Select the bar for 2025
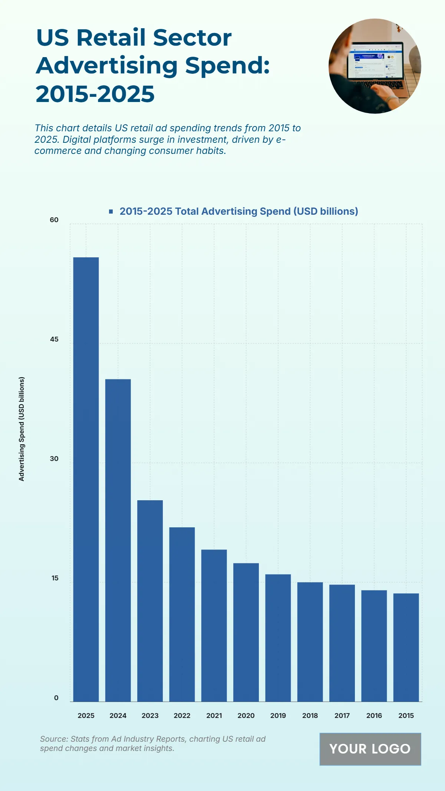tap(86, 479)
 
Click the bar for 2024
tap(118, 540)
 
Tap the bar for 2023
tap(150, 601)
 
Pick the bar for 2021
tap(214, 625)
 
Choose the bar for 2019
tap(278, 637)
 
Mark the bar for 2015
tap(406, 647)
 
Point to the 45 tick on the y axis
tap(54, 339)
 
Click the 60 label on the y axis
tap(54, 220)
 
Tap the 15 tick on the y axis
tap(55, 578)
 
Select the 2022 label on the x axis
tap(182, 716)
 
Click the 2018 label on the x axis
tap(310, 716)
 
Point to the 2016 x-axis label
tap(374, 716)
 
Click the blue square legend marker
tap(111, 211)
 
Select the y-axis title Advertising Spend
tap(22, 429)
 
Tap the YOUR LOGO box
tap(370, 749)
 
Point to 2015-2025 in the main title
tap(95, 94)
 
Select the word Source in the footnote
tap(53, 739)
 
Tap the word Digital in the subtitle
tap(78, 139)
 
